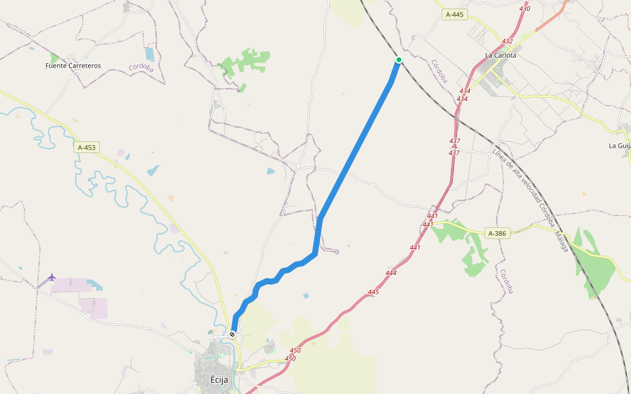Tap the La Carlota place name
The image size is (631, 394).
click(x=500, y=55)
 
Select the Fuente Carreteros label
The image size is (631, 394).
click(x=73, y=66)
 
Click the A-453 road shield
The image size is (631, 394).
click(x=87, y=148)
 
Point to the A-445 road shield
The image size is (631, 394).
click(x=454, y=14)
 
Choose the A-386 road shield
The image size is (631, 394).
click(x=498, y=233)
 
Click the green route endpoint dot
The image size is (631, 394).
click(x=398, y=60)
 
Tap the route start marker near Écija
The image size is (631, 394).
click(x=232, y=334)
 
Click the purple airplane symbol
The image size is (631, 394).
click(x=52, y=277)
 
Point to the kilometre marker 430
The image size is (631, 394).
click(x=524, y=9)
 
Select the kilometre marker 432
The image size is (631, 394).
click(x=507, y=41)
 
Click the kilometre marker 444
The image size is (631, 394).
click(x=391, y=273)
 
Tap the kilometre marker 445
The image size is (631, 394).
click(x=373, y=292)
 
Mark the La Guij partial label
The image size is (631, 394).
click(x=619, y=146)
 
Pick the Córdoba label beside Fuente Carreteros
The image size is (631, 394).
click(x=141, y=67)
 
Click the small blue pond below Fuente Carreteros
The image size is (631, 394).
click(x=150, y=54)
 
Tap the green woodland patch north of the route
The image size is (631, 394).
click(x=247, y=62)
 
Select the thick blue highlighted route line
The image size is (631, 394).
click(x=355, y=151)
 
